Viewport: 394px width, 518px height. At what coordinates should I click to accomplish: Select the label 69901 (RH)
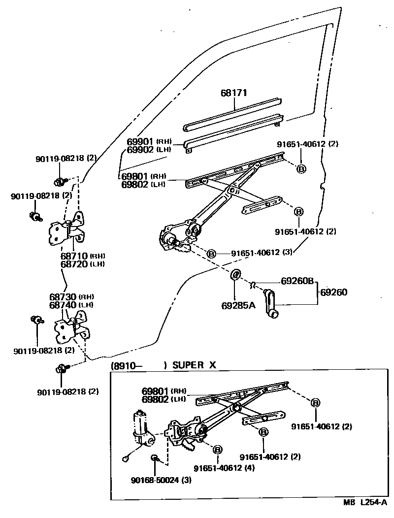click(x=148, y=142)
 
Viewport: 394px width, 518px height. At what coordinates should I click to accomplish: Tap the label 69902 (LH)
click(x=148, y=149)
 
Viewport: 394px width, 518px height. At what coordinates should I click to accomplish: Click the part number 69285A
click(x=238, y=305)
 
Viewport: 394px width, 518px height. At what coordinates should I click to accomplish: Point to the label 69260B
click(x=297, y=281)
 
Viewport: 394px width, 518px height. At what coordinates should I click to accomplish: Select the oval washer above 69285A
click(x=236, y=274)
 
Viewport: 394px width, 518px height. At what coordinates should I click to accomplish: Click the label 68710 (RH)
click(x=84, y=256)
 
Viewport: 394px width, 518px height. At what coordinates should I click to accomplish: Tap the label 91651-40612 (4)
click(x=224, y=468)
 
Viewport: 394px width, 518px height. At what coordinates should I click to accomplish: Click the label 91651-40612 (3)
click(x=262, y=252)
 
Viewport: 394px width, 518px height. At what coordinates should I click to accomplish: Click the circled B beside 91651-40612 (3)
click(x=211, y=253)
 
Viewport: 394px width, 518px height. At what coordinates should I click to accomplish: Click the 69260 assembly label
click(x=334, y=292)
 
